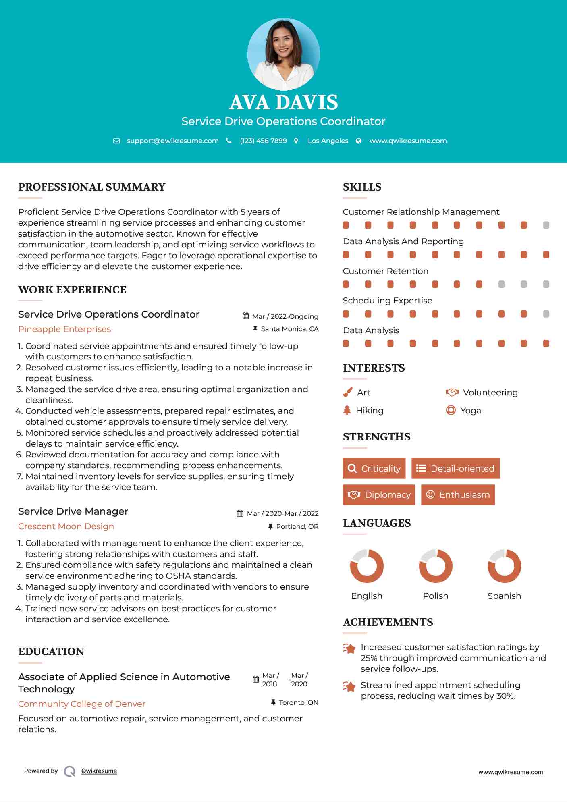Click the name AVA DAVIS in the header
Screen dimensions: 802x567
[x=283, y=102]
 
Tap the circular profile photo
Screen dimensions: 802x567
[x=283, y=54]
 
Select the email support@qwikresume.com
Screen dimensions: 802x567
[x=172, y=141]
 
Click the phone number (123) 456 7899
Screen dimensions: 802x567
[x=263, y=141]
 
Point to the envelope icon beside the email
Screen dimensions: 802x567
[x=116, y=141]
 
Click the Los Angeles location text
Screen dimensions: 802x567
[x=328, y=141]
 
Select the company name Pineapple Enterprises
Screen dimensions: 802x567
[x=64, y=329]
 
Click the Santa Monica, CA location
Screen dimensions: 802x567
[x=289, y=329]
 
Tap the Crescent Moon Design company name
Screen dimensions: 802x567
[x=66, y=526]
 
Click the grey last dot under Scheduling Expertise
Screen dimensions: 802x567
[x=546, y=314]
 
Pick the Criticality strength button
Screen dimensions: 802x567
[x=374, y=468]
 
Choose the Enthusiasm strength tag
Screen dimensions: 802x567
[x=458, y=494]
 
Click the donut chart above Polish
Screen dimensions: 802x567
[x=435, y=566]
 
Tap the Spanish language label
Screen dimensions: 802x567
[x=504, y=596]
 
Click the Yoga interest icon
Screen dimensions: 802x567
[x=451, y=410]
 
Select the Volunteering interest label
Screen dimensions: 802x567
[x=490, y=392]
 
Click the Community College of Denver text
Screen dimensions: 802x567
[x=81, y=704]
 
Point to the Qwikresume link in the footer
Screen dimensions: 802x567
[x=99, y=771]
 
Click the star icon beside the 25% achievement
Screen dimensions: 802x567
[x=349, y=648]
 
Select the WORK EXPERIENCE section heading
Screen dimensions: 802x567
[x=72, y=289]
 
